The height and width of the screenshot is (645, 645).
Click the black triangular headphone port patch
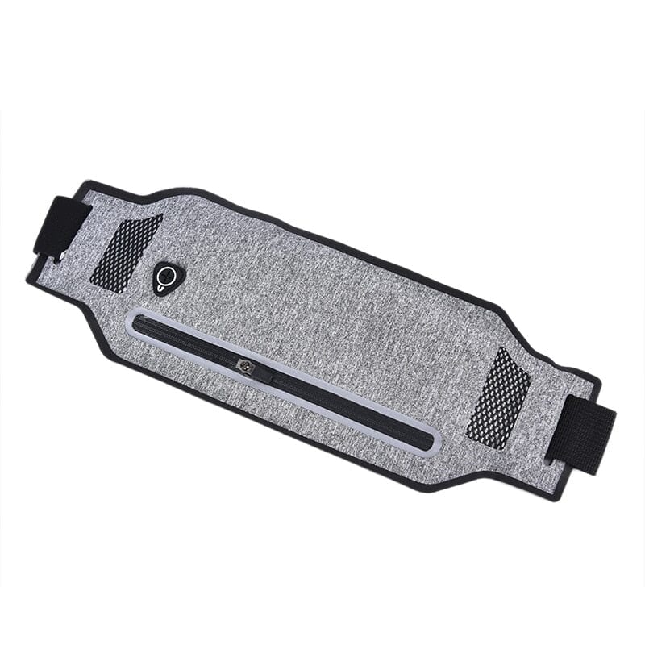tap(168, 278)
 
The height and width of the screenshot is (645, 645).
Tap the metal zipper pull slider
tap(245, 366)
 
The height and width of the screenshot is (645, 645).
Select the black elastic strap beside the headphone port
tap(60, 227)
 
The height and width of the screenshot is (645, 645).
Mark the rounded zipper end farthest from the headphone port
tap(431, 442)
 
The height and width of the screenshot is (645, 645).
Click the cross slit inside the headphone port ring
tap(167, 276)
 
